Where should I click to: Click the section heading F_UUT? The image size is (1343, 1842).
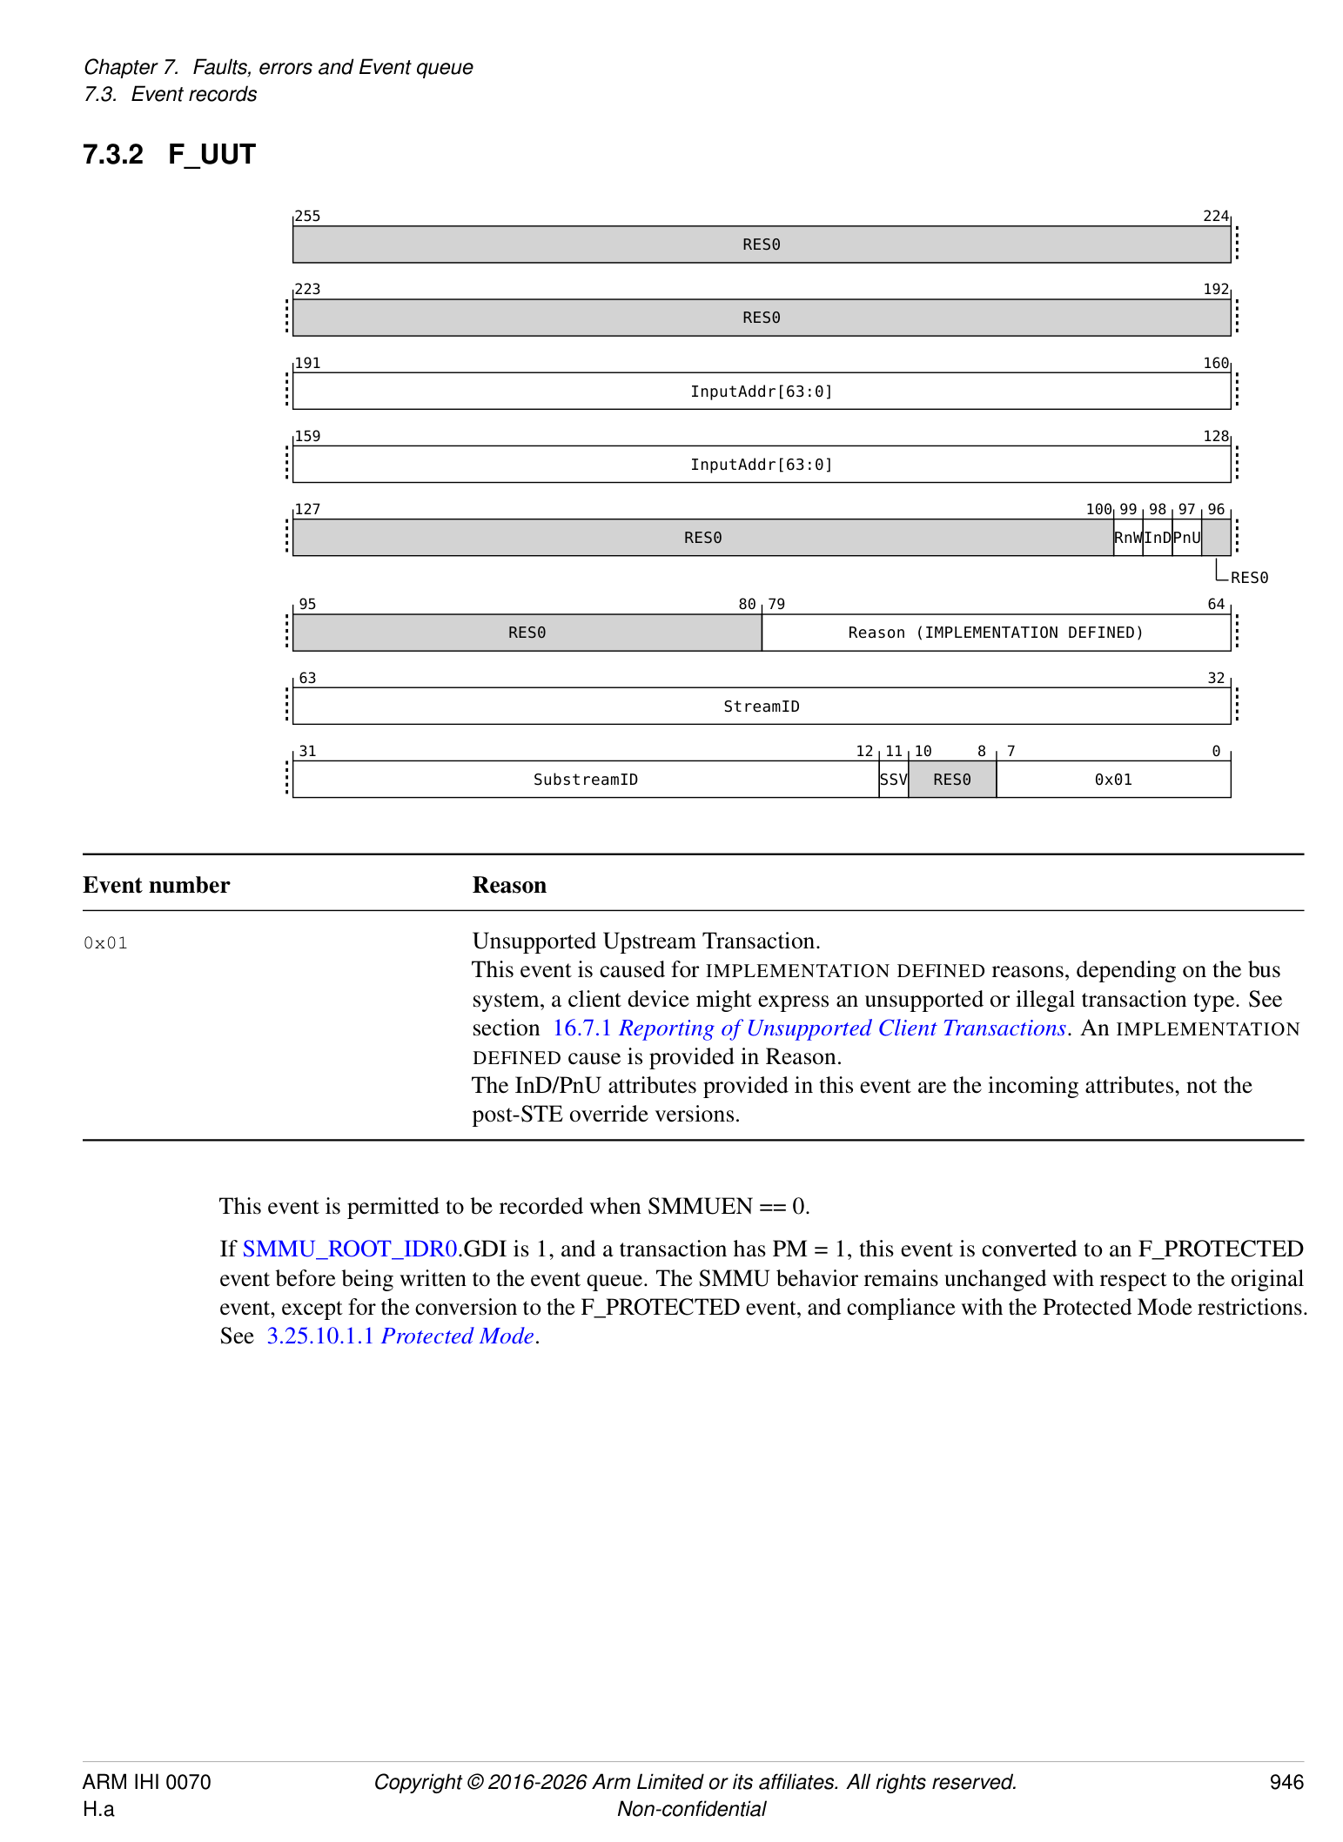coord(212,155)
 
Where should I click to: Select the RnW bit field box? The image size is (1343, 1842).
coord(1127,538)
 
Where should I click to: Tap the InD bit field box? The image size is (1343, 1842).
coord(1157,538)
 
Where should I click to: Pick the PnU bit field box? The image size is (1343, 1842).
coord(1186,538)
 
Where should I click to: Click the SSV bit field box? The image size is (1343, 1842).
coord(893,780)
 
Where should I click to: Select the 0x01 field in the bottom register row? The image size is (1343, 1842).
coord(1112,780)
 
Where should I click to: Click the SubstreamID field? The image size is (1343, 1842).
coord(585,780)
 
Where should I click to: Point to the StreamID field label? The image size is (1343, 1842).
coord(761,707)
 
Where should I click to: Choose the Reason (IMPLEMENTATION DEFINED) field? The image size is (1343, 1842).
coord(995,633)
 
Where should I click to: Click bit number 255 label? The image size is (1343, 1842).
coord(307,216)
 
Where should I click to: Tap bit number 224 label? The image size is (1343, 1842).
coord(1215,216)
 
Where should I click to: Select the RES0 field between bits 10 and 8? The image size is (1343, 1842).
coord(951,780)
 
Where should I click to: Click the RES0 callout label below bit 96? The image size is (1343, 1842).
coord(1249,578)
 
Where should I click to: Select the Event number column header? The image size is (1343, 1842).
coord(157,885)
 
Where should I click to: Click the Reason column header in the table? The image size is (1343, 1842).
coord(509,885)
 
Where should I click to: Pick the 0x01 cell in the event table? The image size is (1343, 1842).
coord(105,943)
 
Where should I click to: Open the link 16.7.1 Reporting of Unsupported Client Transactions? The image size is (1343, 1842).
coord(809,1028)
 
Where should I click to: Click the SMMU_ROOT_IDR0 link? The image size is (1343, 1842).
coord(350,1249)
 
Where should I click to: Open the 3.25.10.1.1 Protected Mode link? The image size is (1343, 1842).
coord(400,1336)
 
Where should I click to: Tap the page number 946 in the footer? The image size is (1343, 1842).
coord(1286,1782)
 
